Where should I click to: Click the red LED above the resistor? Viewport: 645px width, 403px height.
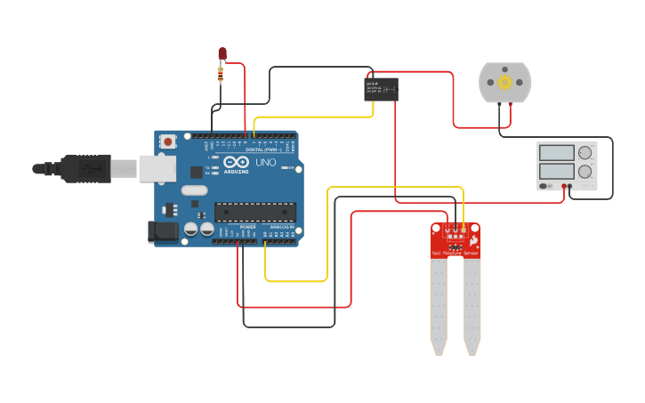[x=222, y=54]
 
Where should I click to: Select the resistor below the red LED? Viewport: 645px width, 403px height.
[x=222, y=74]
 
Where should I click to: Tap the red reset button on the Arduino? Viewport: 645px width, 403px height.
[x=168, y=141]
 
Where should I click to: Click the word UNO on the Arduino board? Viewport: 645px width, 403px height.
[x=266, y=163]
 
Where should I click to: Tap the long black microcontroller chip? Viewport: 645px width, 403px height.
[x=255, y=212]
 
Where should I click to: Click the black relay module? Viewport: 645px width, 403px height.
[x=381, y=88]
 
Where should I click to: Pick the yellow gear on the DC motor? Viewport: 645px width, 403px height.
[x=504, y=83]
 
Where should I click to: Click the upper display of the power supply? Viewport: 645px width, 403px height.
[x=556, y=152]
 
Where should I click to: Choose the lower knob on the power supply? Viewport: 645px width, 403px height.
[x=585, y=172]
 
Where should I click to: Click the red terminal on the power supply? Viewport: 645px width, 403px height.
[x=564, y=186]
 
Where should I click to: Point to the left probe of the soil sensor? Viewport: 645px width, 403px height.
[x=438, y=307]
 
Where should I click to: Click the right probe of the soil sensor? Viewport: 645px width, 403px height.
[x=472, y=307]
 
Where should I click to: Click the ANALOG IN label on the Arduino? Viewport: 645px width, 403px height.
[x=281, y=228]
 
